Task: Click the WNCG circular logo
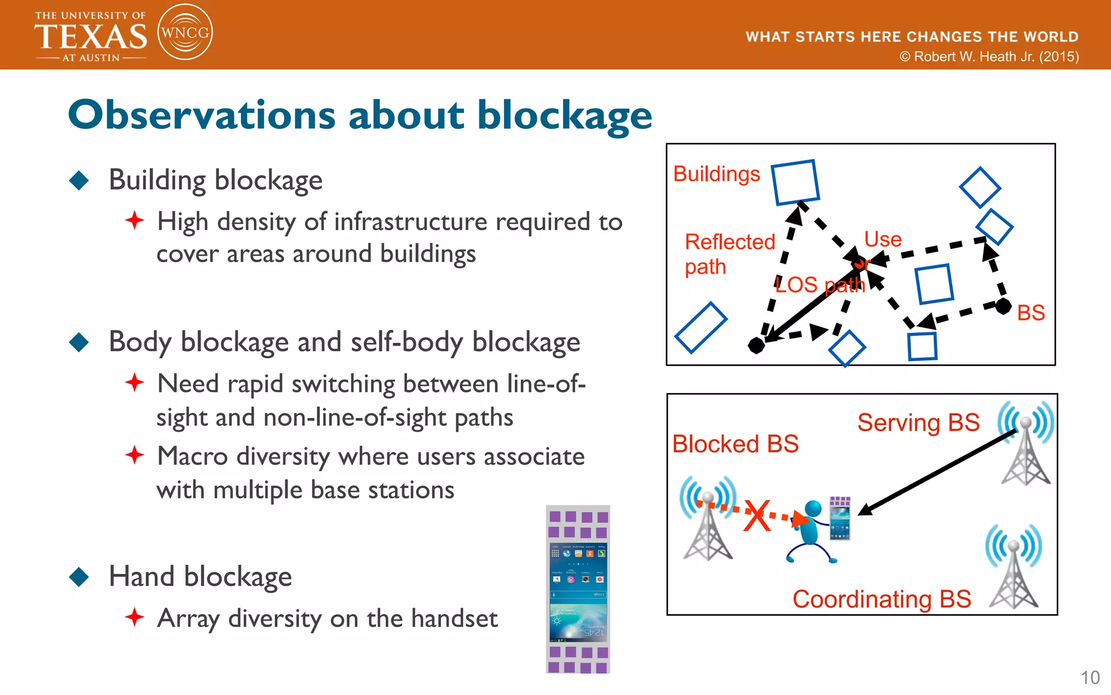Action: point(185,33)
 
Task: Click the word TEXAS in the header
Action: point(91,37)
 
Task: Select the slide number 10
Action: point(1090,678)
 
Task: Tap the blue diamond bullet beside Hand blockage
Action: point(79,577)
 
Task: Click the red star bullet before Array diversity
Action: point(135,617)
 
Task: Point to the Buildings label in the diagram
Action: point(716,174)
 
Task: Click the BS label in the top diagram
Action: point(1031,313)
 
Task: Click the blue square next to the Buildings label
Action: point(795,182)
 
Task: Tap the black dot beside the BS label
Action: point(1004,306)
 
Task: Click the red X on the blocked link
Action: point(757,516)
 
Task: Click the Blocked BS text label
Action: point(735,444)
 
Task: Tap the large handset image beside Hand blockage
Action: point(578,590)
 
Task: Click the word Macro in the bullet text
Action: point(192,457)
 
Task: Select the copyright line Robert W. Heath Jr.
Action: point(989,57)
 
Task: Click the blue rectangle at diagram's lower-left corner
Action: point(701,328)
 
